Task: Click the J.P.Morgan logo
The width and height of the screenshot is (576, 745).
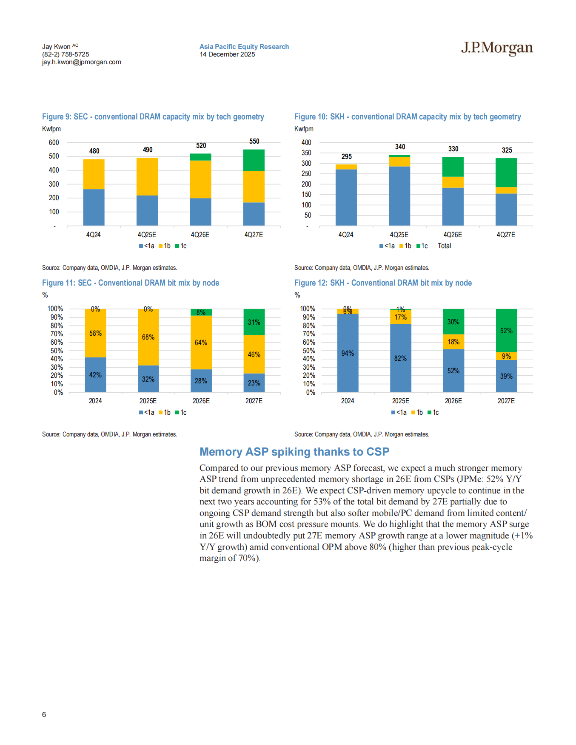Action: (x=496, y=48)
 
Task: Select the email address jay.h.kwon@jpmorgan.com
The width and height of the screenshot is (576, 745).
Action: (x=81, y=62)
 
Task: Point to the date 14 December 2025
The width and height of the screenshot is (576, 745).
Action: (x=227, y=54)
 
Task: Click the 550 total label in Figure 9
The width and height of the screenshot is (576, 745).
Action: (x=254, y=142)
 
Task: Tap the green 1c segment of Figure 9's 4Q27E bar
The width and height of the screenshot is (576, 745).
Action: (x=254, y=160)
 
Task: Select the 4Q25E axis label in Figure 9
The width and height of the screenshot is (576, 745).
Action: (x=147, y=235)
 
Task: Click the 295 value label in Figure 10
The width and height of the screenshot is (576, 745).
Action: (x=346, y=157)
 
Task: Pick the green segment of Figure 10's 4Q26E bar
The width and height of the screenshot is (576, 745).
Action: (x=453, y=167)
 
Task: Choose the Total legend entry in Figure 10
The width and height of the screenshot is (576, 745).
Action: (x=444, y=246)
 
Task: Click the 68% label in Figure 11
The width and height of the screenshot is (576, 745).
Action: (x=148, y=337)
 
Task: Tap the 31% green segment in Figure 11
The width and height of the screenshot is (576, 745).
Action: (x=254, y=322)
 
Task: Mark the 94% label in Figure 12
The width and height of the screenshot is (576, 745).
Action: (x=348, y=354)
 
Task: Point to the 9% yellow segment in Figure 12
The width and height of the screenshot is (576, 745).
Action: (x=506, y=356)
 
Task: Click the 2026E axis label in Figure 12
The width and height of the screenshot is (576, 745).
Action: (x=453, y=401)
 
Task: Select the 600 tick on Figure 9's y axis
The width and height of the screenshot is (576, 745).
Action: (x=54, y=143)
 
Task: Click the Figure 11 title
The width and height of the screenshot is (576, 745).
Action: (x=131, y=283)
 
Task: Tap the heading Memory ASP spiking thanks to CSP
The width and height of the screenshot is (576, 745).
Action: (x=294, y=452)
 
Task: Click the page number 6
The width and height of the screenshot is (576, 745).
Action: (x=44, y=714)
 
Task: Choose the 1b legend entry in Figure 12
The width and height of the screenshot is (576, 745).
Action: (x=417, y=413)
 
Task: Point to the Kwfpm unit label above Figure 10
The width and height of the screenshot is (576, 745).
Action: (x=304, y=129)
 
